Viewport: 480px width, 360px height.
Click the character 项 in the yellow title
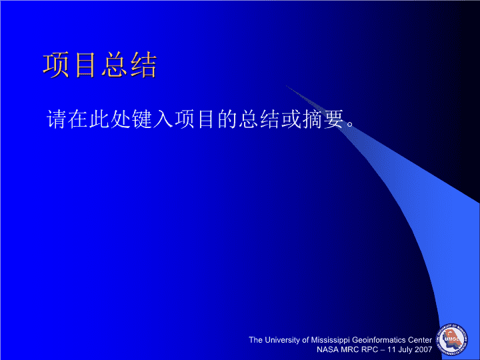56,65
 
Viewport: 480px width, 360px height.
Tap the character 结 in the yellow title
143,65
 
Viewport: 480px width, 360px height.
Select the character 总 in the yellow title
115,65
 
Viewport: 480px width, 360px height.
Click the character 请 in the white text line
56,119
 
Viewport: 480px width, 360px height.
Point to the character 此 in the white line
99,119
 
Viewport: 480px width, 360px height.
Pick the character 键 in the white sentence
142,119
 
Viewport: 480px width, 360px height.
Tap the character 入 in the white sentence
163,119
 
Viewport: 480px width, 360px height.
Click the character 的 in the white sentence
228,119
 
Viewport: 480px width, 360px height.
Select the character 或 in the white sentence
292,119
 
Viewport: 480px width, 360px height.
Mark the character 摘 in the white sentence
313,119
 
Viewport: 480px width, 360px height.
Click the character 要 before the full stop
335,119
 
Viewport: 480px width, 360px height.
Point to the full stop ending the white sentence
350,124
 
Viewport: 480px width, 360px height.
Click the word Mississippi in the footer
330,341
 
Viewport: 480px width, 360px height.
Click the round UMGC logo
452,339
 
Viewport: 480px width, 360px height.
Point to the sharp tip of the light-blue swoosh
287,86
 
